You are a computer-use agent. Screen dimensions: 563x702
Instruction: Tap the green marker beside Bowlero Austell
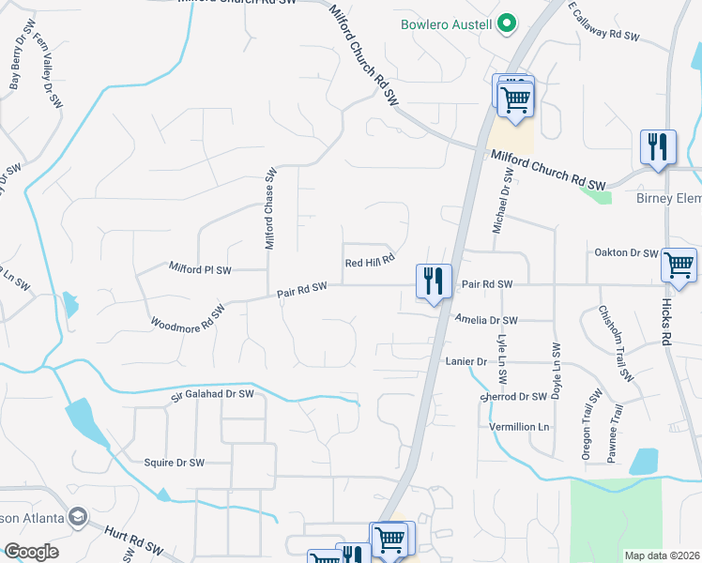point(507,23)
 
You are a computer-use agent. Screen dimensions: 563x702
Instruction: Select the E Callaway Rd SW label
point(603,22)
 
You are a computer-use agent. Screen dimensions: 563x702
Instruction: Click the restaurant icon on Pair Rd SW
point(434,281)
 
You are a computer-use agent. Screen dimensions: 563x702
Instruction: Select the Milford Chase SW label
point(270,208)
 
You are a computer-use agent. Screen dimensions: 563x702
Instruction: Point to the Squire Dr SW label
point(174,463)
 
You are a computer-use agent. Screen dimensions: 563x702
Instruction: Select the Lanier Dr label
point(465,361)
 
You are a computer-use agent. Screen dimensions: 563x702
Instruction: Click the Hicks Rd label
point(669,324)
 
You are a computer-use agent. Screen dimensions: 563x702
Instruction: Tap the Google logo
point(31,552)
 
